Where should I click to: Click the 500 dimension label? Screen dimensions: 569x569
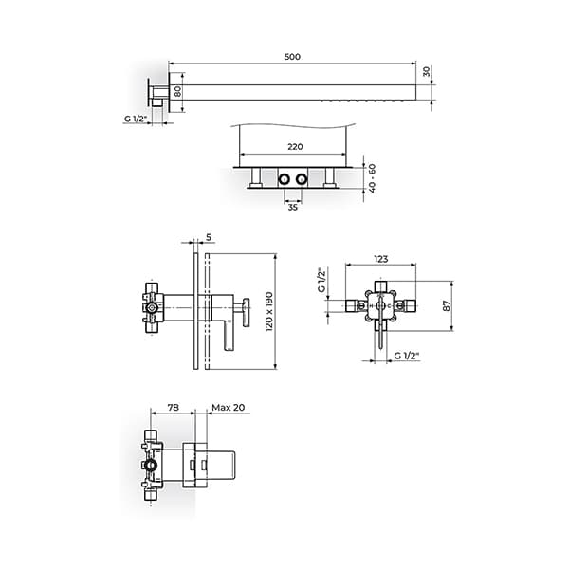point(292,57)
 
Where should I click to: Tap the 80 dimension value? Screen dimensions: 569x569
point(178,91)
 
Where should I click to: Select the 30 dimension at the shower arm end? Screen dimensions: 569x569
point(427,71)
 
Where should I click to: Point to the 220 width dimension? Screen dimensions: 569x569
point(295,147)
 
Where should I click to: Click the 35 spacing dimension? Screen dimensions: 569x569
point(292,207)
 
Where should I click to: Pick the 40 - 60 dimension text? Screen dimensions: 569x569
point(372,178)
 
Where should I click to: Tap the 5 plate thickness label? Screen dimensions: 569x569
point(209,237)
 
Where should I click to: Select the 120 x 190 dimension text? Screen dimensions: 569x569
point(269,311)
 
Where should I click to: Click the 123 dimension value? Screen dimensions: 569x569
point(380,259)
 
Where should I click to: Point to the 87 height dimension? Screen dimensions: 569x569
point(447,305)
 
